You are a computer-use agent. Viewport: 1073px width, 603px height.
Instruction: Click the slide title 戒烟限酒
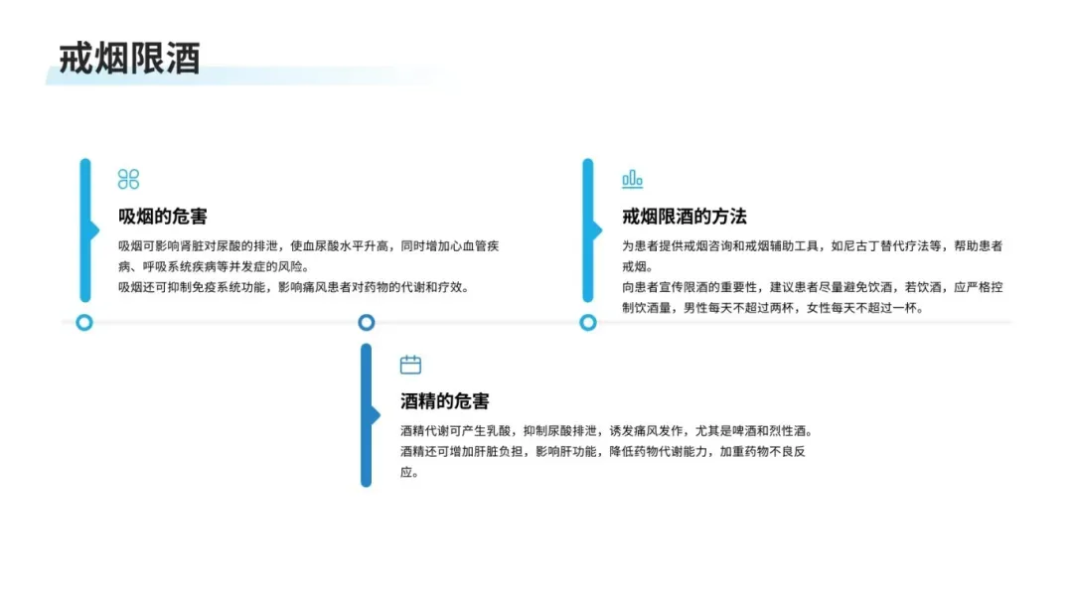(x=129, y=59)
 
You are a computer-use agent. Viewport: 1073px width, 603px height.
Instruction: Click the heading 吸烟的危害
(x=163, y=217)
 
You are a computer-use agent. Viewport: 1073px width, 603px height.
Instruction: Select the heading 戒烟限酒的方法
(x=684, y=217)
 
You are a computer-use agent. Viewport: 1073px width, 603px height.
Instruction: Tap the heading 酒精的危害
(x=444, y=401)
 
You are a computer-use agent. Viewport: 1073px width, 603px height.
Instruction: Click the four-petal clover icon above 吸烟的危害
(x=128, y=179)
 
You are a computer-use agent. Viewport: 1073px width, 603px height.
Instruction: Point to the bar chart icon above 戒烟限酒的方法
(x=632, y=179)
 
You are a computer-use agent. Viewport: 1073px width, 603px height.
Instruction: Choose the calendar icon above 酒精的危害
(x=410, y=365)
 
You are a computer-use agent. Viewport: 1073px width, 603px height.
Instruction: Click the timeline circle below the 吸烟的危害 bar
(x=84, y=322)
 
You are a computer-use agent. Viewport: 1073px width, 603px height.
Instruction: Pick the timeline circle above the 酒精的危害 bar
(x=366, y=322)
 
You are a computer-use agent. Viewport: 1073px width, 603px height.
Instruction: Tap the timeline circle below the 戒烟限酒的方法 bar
(x=588, y=322)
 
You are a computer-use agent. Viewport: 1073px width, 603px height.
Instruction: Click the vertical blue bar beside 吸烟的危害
(x=85, y=230)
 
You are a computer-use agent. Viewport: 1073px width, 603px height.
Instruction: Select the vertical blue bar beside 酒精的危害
(x=366, y=415)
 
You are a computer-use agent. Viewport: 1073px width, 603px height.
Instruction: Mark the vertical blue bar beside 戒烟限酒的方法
(x=588, y=230)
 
